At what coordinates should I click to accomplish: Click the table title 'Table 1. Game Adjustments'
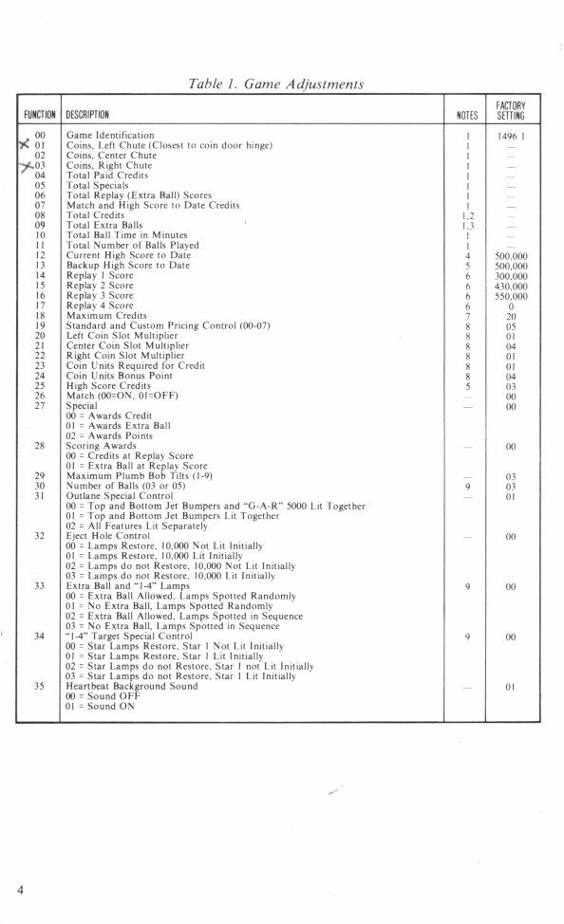(x=278, y=83)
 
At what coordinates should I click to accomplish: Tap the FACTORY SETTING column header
(x=511, y=109)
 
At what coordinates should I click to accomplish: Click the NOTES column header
(x=466, y=115)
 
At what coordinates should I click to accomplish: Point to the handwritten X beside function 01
(x=24, y=145)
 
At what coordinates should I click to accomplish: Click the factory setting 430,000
(x=511, y=286)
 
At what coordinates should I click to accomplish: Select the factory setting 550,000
(x=511, y=296)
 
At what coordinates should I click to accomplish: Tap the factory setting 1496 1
(x=511, y=137)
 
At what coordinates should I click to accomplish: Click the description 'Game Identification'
(x=110, y=136)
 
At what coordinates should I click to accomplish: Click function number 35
(x=40, y=686)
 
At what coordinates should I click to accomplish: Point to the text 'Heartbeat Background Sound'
(x=132, y=686)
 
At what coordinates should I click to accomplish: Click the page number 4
(x=19, y=889)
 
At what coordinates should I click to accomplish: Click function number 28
(x=40, y=446)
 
